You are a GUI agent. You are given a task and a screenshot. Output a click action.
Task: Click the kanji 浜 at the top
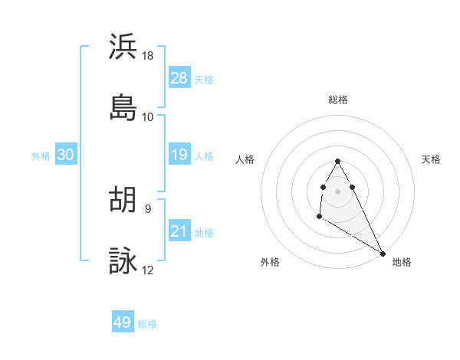123,47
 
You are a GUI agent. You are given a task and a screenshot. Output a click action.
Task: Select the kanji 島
123,107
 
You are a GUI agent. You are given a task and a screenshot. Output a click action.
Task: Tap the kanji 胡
123,200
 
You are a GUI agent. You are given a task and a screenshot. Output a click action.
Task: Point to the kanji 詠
123,261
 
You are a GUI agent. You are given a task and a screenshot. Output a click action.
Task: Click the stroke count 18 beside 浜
148,56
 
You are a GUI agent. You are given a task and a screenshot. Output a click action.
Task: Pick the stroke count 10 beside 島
148,116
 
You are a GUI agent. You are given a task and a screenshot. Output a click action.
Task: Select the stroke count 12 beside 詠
148,270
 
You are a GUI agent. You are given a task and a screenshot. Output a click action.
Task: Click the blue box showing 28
179,78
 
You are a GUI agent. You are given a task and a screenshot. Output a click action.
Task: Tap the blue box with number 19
179,155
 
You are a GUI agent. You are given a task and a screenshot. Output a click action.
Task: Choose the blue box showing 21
179,231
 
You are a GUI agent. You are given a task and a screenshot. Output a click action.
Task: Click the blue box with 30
65,155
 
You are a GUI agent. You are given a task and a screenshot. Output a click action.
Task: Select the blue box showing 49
123,322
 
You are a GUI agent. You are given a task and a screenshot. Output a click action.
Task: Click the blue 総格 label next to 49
147,324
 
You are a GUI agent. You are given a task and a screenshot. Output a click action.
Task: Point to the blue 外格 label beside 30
41,155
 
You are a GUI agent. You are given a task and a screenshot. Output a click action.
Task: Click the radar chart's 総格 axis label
338,100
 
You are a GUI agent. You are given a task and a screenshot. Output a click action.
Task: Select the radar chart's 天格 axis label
431,159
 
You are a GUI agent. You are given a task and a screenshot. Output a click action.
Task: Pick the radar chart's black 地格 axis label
402,262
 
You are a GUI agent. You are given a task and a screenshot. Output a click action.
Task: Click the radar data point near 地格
383,252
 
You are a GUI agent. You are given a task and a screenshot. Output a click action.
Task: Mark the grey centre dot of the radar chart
338,191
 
